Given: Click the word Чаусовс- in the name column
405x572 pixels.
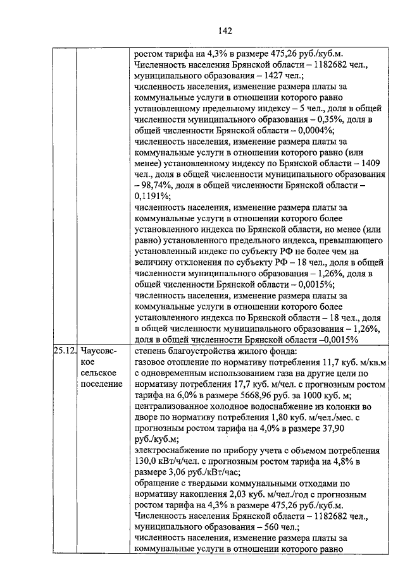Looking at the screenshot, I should [97, 350].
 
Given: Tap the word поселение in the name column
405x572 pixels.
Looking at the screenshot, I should [101, 384].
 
